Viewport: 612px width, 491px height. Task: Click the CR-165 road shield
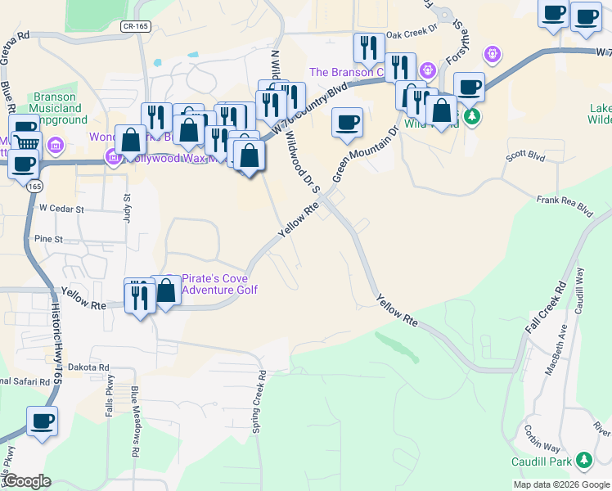[x=135, y=27]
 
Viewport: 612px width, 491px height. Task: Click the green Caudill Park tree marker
[x=583, y=460]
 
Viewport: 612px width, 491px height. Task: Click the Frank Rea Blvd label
[x=564, y=205]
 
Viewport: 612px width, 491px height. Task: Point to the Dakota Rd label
[x=88, y=367]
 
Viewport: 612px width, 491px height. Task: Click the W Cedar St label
[x=62, y=209]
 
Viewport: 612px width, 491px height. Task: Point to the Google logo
[x=27, y=481]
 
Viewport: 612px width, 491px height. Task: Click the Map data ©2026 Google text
[x=561, y=484]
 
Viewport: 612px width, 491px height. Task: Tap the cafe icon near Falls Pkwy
[x=42, y=422]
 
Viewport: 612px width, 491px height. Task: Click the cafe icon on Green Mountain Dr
[x=347, y=123]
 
